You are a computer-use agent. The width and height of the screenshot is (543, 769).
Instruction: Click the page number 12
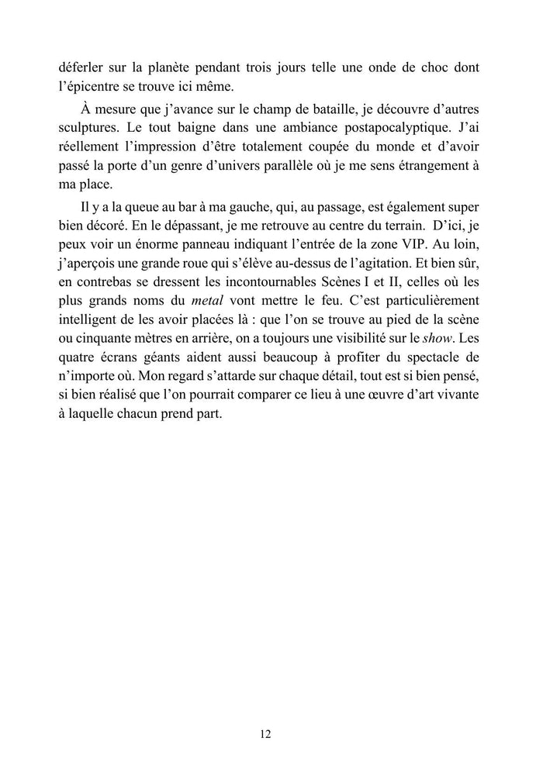266,733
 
